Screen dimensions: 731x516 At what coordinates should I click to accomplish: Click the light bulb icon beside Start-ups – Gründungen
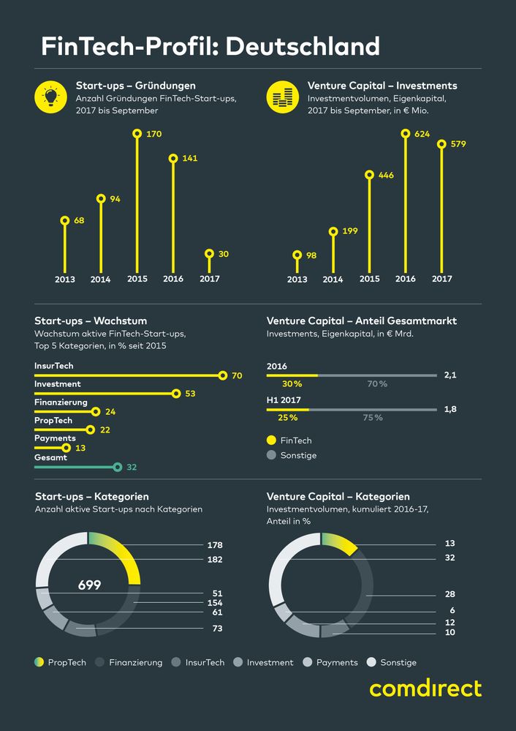51,97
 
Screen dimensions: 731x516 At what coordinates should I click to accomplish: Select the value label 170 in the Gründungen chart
153,134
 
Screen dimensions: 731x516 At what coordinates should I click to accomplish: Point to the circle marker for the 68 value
64,220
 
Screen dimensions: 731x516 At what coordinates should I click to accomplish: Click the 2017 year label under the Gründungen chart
210,279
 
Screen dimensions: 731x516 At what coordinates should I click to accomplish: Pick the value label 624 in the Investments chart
422,134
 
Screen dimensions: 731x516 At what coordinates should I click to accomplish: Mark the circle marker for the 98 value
297,255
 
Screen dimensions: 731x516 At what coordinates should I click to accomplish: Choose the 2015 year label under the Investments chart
369,279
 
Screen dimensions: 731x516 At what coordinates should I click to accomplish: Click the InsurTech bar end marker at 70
223,375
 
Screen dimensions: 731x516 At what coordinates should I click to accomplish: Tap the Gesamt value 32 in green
132,466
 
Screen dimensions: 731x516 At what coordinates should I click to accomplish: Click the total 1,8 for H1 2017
450,409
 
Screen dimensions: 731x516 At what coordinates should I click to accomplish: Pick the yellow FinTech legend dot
271,441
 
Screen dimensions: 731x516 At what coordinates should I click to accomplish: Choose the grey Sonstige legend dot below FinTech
271,455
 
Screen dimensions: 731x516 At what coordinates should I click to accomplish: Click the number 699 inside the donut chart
89,585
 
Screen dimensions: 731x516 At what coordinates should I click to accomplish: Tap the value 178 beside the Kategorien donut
214,545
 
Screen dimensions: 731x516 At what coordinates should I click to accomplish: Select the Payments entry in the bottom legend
337,662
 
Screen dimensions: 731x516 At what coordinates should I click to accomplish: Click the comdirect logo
425,689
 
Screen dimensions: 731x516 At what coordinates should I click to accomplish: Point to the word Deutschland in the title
303,47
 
